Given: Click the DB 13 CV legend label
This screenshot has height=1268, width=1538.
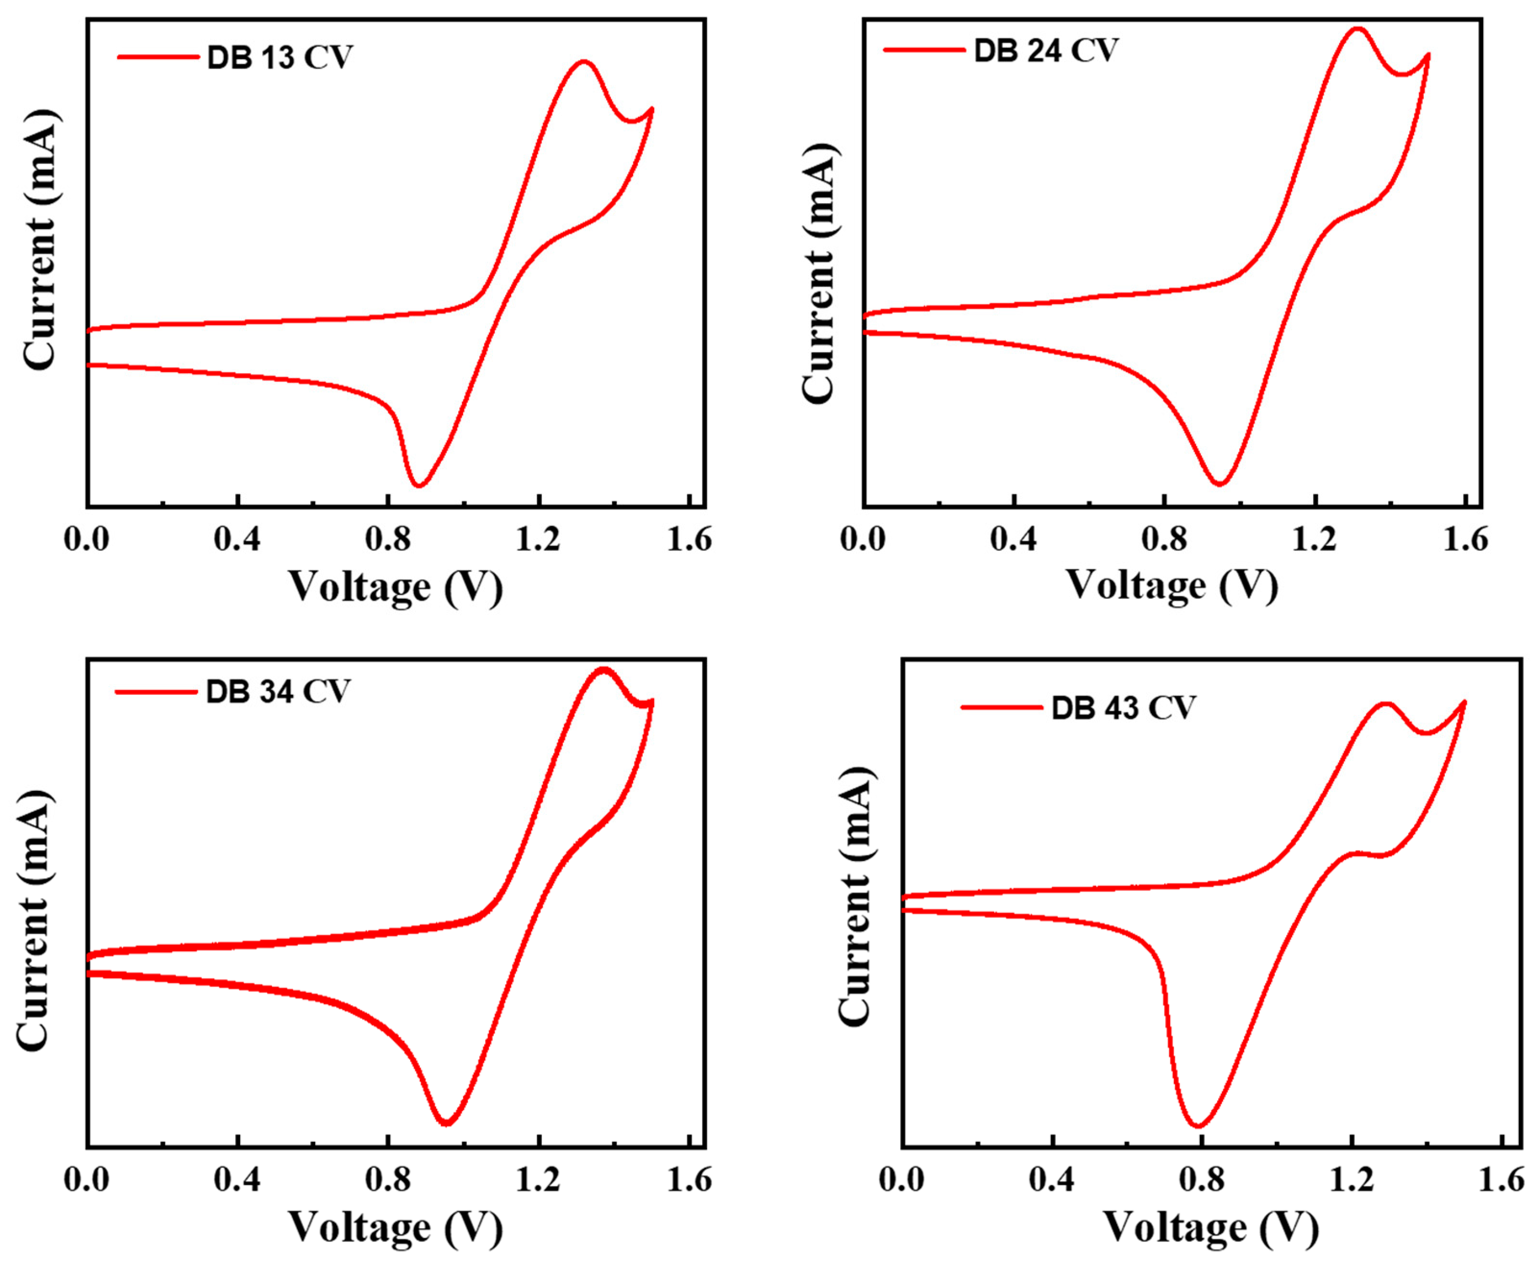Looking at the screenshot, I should (x=280, y=58).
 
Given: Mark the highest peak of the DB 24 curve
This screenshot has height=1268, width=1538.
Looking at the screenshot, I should (x=1357, y=29).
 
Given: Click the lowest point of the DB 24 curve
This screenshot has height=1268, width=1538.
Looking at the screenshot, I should (x=1219, y=483).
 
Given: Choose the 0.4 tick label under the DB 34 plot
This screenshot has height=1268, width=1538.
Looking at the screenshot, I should (x=237, y=1180).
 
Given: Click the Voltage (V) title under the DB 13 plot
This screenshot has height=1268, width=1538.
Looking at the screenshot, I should (x=395, y=587).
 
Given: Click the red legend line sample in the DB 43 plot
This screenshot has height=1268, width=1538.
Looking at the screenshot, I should (x=1001, y=707).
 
